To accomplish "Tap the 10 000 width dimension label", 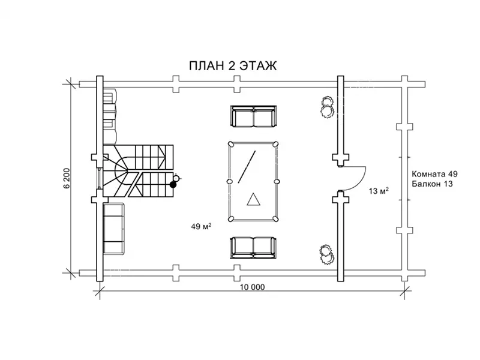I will click(x=252, y=287).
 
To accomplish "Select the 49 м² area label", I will click(x=200, y=227).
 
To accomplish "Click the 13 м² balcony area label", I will click(x=378, y=191).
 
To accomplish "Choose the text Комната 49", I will click(x=434, y=174).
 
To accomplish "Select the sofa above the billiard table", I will click(x=254, y=116).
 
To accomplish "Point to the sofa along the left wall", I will click(x=113, y=229).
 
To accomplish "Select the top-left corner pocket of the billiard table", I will click(x=230, y=143).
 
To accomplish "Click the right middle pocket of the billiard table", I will click(x=277, y=181).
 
